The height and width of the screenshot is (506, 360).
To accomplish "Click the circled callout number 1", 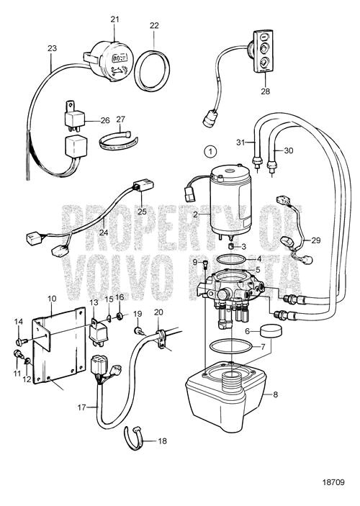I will point(209,151).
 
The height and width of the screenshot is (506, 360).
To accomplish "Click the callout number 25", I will point(143,212).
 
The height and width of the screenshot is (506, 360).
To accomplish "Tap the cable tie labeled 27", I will point(117,139).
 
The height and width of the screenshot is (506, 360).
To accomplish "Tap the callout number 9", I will point(194,261).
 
